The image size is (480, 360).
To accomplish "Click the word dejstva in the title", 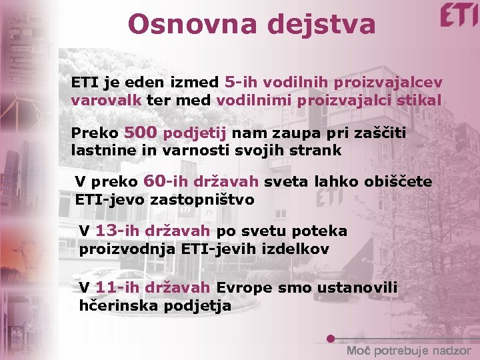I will click(x=323, y=25).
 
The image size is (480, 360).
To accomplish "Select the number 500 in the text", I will click(x=140, y=132).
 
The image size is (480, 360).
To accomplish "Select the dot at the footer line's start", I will click(x=331, y=339).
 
